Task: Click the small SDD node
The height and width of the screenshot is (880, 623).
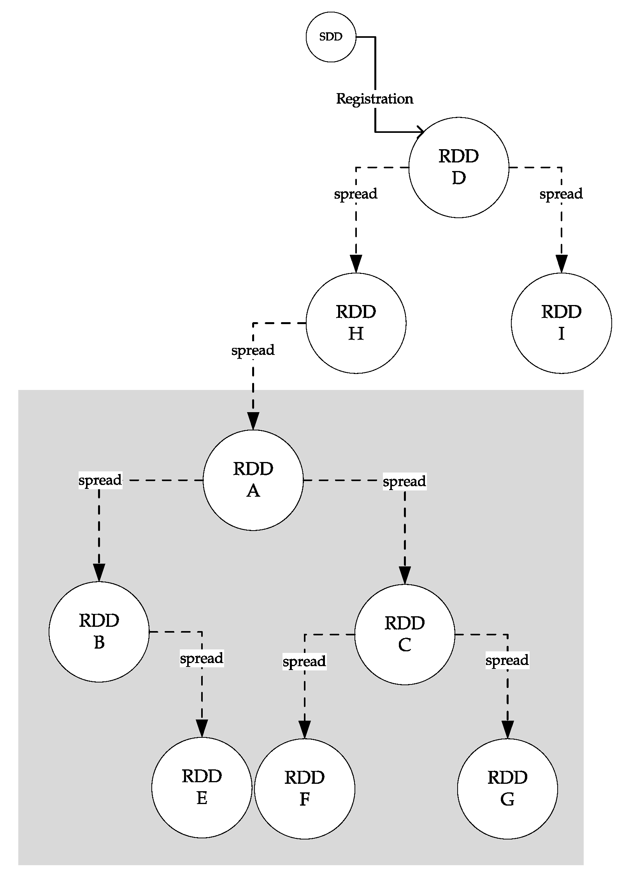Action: tap(331, 37)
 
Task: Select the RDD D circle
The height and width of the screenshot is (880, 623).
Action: tap(459, 168)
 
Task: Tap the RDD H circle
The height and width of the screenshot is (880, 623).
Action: tap(356, 323)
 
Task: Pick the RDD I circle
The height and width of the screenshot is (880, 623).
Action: tap(561, 323)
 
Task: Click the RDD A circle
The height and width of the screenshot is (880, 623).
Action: tap(253, 480)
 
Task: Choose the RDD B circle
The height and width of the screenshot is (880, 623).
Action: tap(99, 631)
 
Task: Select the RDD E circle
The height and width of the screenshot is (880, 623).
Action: tap(202, 787)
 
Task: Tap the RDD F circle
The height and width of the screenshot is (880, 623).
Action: tap(304, 789)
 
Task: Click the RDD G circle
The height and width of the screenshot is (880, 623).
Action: tap(507, 789)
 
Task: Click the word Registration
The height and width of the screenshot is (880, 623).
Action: tap(374, 99)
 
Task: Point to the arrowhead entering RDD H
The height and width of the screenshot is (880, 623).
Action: tap(356, 264)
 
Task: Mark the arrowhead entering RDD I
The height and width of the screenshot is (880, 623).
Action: tap(561, 264)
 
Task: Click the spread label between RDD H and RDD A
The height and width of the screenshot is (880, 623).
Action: tap(253, 350)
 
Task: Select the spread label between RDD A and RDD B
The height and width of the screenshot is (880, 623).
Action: tap(100, 480)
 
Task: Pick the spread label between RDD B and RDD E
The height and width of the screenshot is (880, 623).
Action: tap(202, 658)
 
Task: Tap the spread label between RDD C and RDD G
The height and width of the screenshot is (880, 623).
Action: tap(507, 660)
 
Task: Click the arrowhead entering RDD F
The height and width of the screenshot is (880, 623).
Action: tap(304, 729)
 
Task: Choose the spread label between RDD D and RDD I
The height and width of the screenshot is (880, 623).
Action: tap(561, 194)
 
